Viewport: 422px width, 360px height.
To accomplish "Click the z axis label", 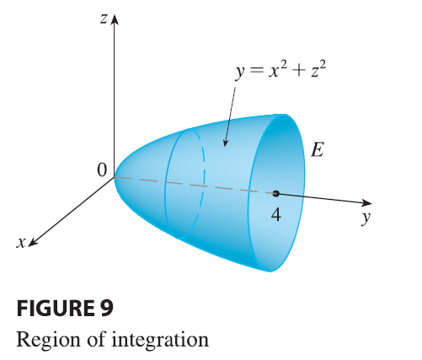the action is (104, 19).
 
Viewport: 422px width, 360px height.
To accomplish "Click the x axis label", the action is (21, 243).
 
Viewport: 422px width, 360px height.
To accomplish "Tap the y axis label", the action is (366, 218).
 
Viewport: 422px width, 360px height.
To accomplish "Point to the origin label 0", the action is (102, 170).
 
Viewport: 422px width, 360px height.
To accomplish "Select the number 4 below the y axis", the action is (276, 215).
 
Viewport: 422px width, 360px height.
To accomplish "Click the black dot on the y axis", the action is (275, 193).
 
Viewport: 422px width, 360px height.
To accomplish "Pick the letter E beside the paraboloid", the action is (318, 149).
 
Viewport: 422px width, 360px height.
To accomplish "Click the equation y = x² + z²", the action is (280, 70).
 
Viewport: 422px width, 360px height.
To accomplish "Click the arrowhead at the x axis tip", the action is (32, 242).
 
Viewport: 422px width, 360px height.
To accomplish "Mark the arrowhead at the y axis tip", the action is (366, 202).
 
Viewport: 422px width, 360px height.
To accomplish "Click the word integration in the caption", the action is (160, 340).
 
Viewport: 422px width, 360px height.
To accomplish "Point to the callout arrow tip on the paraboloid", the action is (225, 146).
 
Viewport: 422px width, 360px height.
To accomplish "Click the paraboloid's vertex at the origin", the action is (115, 177).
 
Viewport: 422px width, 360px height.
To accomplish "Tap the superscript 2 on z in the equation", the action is (323, 66).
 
